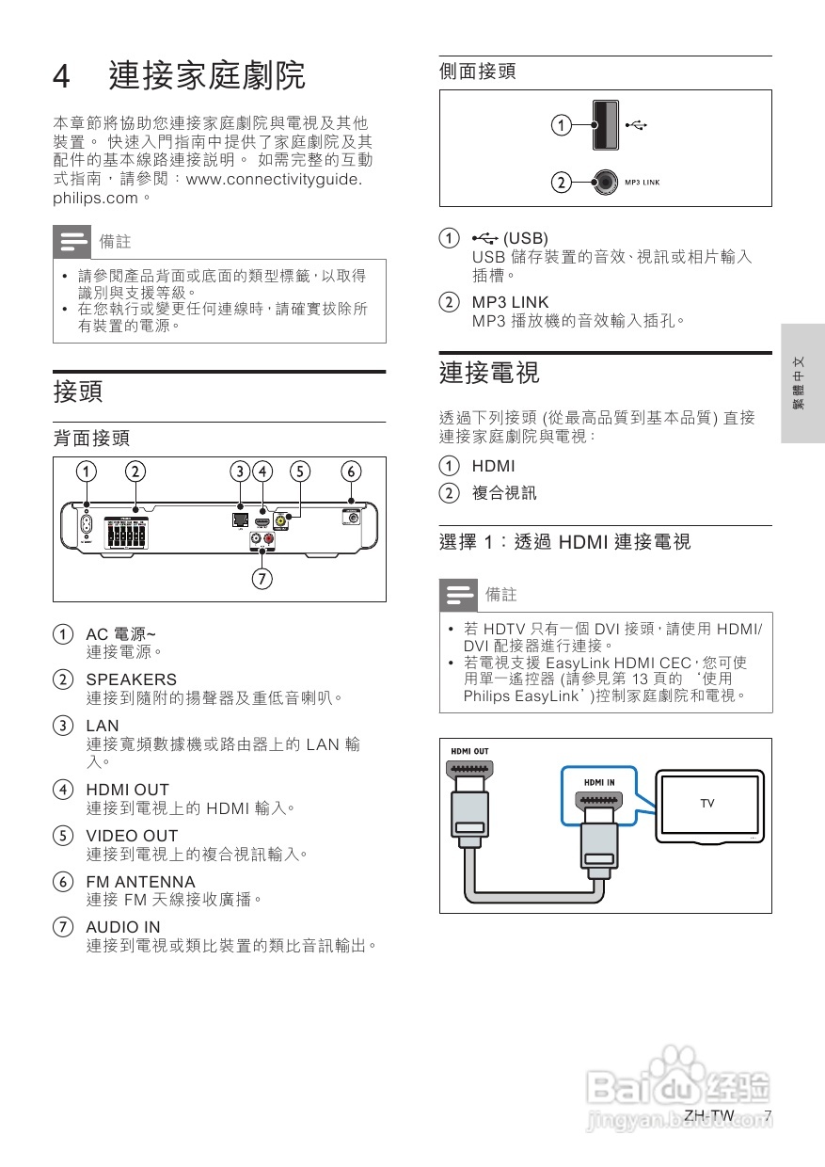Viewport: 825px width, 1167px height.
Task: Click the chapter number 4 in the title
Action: (x=62, y=77)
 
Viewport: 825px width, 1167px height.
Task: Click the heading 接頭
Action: (x=78, y=391)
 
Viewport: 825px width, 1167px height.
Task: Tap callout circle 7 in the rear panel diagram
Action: (x=262, y=577)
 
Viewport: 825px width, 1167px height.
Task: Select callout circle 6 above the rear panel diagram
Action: (x=351, y=471)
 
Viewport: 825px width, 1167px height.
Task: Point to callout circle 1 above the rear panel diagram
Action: (x=86, y=471)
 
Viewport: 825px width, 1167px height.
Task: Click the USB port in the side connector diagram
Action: (x=606, y=124)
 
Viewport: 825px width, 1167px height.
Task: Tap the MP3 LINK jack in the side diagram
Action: (x=607, y=182)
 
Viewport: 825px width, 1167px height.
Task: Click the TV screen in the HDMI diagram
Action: (x=707, y=804)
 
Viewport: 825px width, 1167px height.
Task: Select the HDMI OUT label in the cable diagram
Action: (x=469, y=751)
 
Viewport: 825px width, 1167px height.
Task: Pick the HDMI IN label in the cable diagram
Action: (x=599, y=782)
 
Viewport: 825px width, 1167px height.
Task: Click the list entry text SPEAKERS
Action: (x=131, y=679)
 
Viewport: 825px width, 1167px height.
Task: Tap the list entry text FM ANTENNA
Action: (x=140, y=882)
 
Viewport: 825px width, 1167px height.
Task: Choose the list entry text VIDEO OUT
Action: (x=132, y=836)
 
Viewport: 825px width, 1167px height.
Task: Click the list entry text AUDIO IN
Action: (x=123, y=927)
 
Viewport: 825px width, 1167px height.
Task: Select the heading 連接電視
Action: (x=489, y=372)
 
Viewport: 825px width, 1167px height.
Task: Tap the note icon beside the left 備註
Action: (x=73, y=242)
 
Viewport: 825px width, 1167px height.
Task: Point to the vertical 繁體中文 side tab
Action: (x=801, y=383)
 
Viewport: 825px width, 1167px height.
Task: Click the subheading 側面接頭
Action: (x=478, y=72)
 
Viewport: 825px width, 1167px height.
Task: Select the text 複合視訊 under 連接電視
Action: (x=503, y=493)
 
